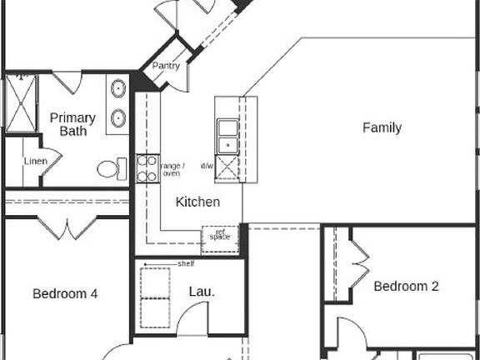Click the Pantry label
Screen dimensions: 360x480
(167, 66)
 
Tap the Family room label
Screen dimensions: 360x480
(382, 127)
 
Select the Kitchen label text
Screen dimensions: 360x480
(198, 202)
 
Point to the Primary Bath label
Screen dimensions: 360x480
(72, 124)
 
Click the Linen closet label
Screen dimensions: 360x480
(35, 161)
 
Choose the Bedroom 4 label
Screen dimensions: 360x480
(65, 293)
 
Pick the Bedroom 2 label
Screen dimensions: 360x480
(406, 286)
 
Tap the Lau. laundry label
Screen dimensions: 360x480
(202, 292)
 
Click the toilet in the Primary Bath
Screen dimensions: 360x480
(109, 169)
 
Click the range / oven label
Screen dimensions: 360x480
(171, 169)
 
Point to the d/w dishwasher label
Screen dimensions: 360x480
(207, 166)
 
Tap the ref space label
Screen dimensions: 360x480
(220, 236)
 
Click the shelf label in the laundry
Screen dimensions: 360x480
(186, 264)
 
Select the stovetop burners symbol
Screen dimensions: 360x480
(147, 168)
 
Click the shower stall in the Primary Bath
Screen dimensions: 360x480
(20, 103)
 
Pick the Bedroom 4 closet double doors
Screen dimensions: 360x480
(67, 227)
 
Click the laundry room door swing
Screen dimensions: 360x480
(193, 317)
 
